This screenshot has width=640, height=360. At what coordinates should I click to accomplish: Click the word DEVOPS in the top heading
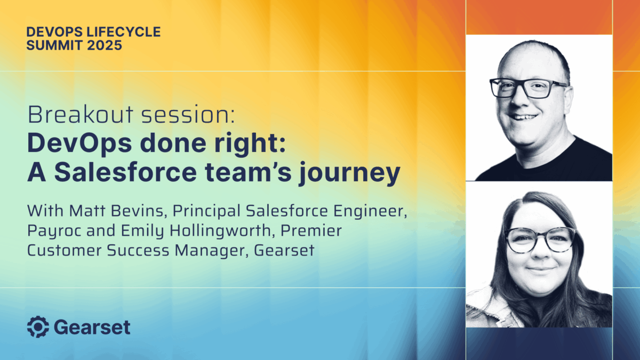[54, 32]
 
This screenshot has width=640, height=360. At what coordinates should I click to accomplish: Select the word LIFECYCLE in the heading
[123, 32]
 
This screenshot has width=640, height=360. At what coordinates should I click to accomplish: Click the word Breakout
[81, 115]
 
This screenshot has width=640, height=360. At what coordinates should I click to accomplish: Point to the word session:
[188, 115]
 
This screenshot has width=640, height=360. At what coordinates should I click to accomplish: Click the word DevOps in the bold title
[79, 143]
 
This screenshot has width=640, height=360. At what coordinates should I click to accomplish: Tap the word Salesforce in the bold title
[125, 173]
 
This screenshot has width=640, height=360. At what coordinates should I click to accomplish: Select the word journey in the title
[350, 174]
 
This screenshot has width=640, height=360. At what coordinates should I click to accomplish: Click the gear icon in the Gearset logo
[38, 327]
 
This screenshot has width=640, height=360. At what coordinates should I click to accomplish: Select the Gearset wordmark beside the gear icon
[92, 327]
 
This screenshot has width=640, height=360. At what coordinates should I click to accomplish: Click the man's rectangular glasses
[528, 88]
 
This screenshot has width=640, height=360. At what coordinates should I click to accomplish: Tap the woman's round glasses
[539, 239]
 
